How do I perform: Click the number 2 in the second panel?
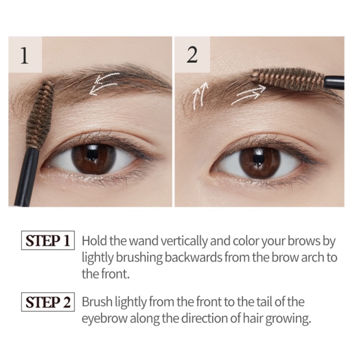coord(192,56)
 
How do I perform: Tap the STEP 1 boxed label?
coord(48,240)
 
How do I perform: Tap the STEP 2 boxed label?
coord(48,302)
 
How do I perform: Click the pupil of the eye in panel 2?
coord(259,159)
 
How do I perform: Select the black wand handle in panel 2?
coord(334,82)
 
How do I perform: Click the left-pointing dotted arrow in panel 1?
coord(104,84)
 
